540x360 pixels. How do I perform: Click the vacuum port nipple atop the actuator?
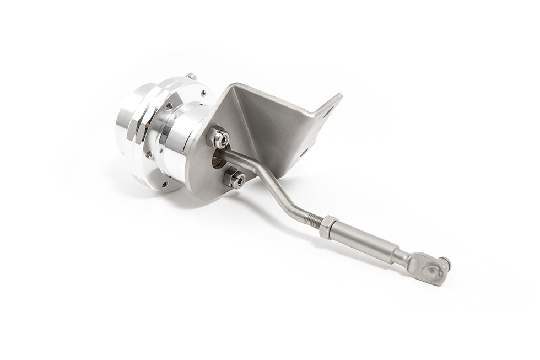click(191, 76)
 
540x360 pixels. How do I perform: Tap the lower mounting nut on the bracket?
click(234, 179)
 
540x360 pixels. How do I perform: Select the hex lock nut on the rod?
click(326, 225)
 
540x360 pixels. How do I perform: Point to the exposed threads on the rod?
click(313, 219)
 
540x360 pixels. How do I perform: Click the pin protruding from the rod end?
click(445, 264)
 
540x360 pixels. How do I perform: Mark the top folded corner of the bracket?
click(234, 85)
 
